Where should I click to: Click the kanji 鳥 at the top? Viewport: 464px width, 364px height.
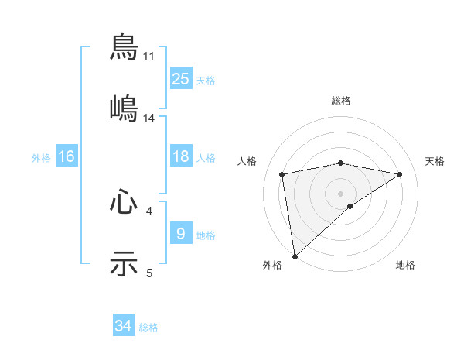click(124, 46)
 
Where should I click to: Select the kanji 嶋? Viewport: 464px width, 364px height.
click(124, 108)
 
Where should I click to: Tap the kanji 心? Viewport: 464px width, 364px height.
click(124, 202)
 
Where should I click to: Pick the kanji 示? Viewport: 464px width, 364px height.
click(124, 263)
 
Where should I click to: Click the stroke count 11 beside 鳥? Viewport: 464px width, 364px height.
click(149, 57)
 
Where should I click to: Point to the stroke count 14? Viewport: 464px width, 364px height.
click(149, 118)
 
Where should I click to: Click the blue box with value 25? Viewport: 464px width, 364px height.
click(181, 78)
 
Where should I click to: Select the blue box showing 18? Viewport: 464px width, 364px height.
click(181, 156)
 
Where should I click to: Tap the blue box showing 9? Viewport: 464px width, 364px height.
click(181, 233)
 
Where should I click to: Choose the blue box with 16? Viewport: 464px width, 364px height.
click(67, 156)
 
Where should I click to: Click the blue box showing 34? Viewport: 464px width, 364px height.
click(124, 326)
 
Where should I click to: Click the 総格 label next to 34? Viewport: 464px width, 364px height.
click(148, 328)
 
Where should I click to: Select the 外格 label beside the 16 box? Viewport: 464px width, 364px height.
click(41, 158)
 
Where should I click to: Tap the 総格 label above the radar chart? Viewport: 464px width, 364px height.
click(341, 101)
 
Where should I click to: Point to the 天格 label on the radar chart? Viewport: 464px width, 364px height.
click(435, 161)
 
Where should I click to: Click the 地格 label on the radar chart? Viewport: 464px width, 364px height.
click(405, 266)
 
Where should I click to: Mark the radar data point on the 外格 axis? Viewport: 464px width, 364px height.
click(295, 256)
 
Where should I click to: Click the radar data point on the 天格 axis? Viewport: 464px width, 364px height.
click(400, 174)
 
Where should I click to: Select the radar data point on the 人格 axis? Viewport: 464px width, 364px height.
click(282, 174)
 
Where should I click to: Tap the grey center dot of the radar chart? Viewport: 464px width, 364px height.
click(341, 193)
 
